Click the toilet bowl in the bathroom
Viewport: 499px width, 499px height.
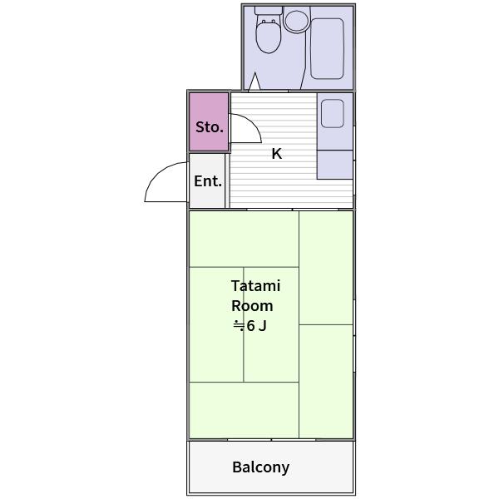[x=269, y=36]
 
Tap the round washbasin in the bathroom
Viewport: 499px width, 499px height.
[x=297, y=20]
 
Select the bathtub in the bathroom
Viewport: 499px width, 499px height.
[x=327, y=48]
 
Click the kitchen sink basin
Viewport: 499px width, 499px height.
[x=333, y=114]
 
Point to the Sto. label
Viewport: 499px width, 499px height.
[x=209, y=127]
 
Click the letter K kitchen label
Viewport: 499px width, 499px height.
[x=277, y=154]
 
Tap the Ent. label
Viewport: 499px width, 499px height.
[x=208, y=181]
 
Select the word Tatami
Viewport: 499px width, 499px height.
[x=255, y=286]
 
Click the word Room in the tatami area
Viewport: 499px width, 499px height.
[x=252, y=306]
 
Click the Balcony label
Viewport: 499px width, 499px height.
[x=260, y=467]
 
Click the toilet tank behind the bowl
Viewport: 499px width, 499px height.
[x=269, y=11]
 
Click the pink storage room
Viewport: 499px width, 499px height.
[x=209, y=121]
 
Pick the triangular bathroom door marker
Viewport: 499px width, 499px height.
[x=254, y=82]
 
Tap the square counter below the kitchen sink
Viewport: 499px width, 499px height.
[x=335, y=165]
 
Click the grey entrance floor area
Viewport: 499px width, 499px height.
[x=207, y=180]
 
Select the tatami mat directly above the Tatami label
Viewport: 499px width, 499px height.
[x=244, y=239]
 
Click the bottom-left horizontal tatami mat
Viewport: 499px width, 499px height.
[x=244, y=410]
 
